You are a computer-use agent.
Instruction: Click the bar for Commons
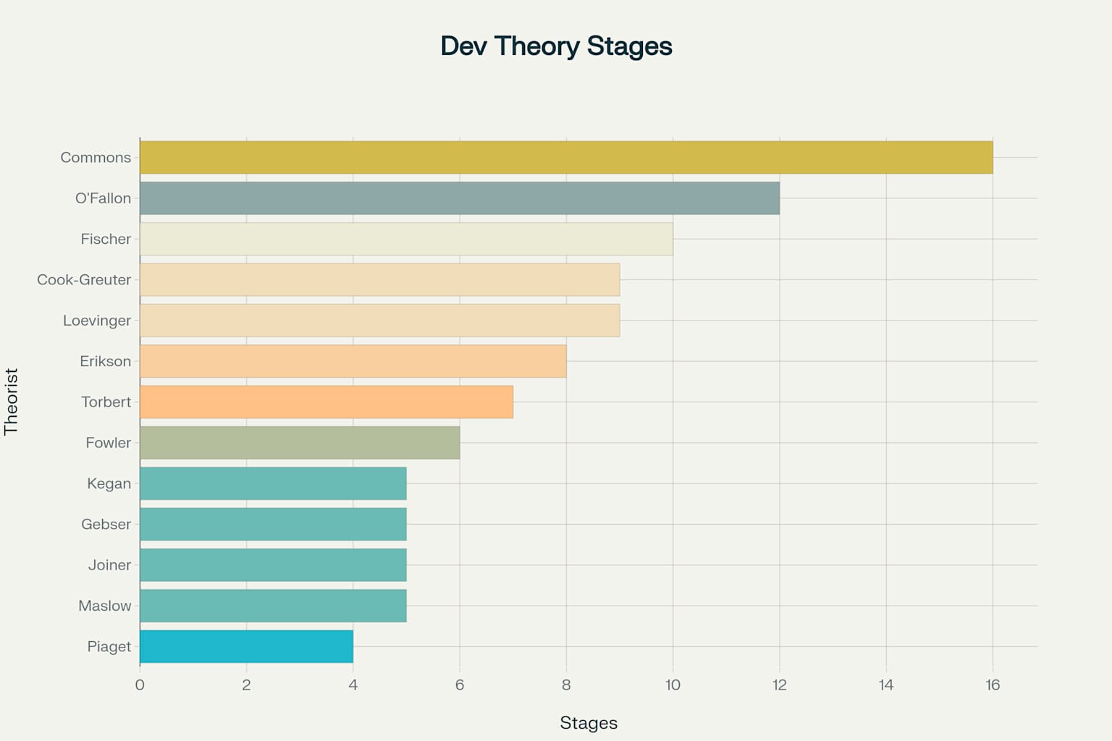566,157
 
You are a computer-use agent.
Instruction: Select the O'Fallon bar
460,198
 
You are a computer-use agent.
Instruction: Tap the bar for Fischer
406,239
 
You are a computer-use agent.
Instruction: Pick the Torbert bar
327,402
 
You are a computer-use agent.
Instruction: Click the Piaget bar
246,646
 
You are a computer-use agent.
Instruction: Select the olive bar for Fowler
300,443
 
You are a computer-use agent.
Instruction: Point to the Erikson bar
353,361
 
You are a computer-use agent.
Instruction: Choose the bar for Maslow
273,606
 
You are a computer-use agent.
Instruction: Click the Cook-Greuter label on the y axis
84,280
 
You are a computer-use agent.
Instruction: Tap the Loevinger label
97,321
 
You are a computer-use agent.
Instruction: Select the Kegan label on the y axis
109,483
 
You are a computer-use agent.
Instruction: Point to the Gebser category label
106,524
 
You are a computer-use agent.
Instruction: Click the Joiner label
110,565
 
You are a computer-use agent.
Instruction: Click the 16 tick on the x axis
993,685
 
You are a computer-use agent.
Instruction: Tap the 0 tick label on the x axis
140,685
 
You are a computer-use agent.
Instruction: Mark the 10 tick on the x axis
673,685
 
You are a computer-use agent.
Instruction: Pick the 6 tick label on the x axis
460,685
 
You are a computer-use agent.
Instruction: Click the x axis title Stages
589,723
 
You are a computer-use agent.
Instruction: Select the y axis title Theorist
11,402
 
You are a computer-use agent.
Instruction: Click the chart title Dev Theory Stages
556,46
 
